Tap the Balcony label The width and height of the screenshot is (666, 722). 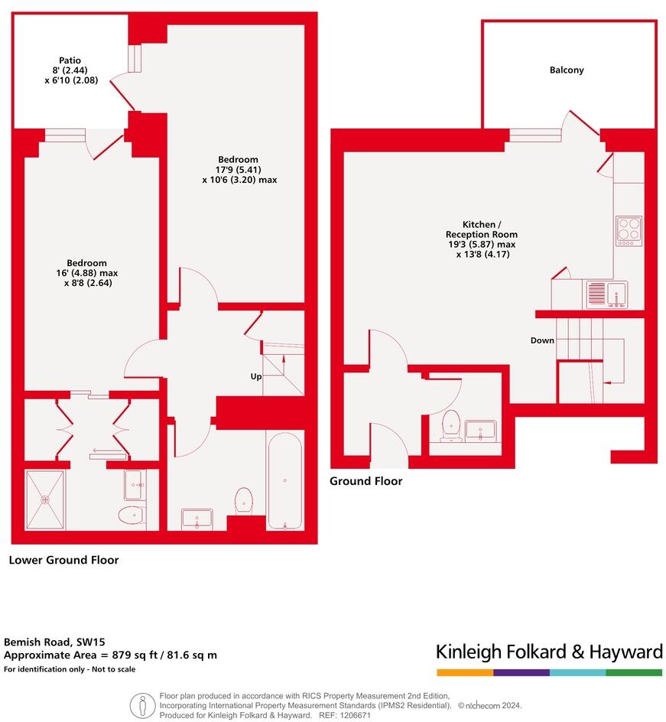[567, 70]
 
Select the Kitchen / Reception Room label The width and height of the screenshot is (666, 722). [482, 239]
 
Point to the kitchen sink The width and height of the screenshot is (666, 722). [606, 294]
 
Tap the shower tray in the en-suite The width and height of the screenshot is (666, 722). [45, 499]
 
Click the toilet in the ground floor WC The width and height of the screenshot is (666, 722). [451, 424]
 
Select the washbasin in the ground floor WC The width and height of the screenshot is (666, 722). [481, 430]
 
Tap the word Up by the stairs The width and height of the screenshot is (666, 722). [256, 376]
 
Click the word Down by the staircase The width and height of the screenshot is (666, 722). [542, 340]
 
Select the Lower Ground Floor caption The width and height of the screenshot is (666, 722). [63, 560]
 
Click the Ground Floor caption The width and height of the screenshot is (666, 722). [365, 481]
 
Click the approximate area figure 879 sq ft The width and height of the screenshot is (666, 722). [139, 655]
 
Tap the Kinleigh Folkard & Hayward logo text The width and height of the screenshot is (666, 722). [549, 652]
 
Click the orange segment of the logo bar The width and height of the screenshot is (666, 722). [465, 672]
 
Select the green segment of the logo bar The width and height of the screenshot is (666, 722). [634, 672]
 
